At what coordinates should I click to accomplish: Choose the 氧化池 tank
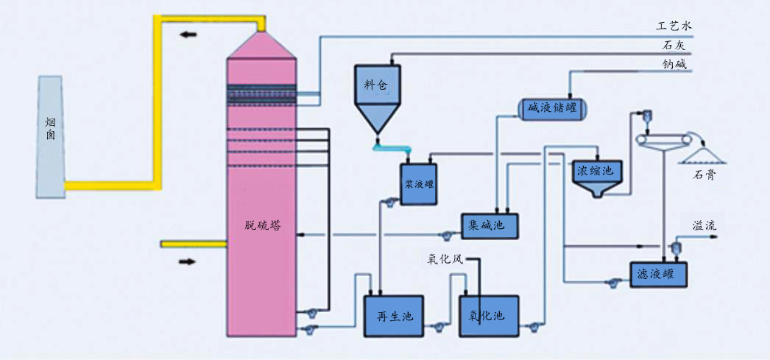pos(488,316)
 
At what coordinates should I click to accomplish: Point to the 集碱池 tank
pos(490,226)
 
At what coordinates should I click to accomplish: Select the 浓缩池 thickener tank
pos(597,174)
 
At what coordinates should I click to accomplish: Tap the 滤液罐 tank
pos(657,275)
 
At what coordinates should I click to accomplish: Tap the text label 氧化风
pos(445,259)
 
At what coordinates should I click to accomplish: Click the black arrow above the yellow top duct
pos(189,34)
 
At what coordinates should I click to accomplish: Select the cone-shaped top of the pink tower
pos(262,46)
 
